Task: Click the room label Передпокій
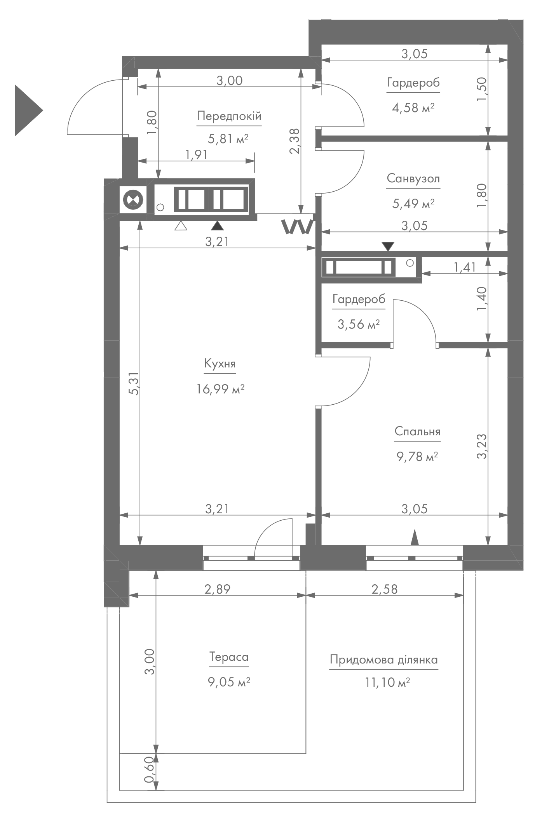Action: pos(229,116)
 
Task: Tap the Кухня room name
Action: pos(220,364)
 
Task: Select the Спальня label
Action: pos(417,431)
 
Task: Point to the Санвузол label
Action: pos(413,178)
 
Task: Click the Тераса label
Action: pos(229,657)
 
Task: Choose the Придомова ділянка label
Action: pos(384,660)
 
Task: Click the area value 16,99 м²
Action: pos(220,389)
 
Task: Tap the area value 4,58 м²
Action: pos(413,107)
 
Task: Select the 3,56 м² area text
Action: pos(359,324)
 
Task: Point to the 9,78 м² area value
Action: pos(417,457)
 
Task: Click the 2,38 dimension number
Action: pos(295,141)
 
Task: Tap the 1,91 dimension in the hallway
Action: pos(197,154)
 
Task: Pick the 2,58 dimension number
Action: pos(385,589)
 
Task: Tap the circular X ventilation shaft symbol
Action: pos(133,200)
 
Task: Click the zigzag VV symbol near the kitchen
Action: pos(298,227)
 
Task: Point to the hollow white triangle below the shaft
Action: pos(181,226)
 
